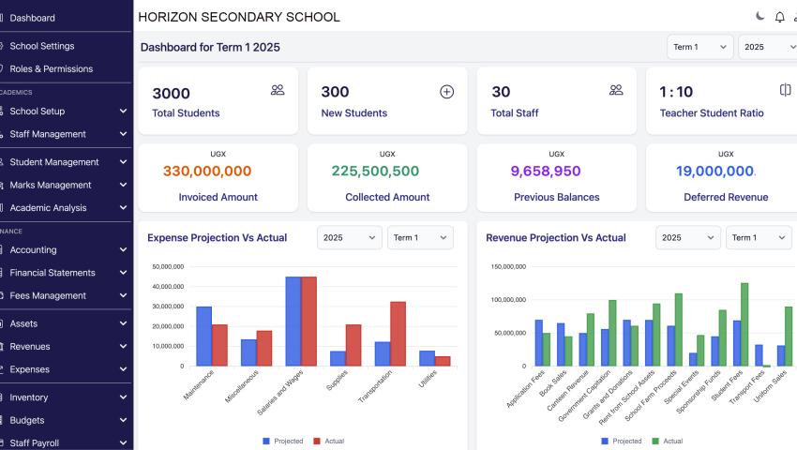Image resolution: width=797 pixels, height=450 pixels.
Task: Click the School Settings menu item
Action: coord(42,46)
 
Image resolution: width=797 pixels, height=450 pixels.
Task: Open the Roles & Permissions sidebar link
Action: coord(51,68)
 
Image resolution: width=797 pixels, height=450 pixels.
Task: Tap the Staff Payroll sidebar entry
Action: coord(42,442)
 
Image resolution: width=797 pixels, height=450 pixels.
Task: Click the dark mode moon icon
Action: coord(760,17)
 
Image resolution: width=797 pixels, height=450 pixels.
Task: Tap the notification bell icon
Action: coord(779,17)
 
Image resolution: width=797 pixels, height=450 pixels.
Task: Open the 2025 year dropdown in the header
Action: coord(766,47)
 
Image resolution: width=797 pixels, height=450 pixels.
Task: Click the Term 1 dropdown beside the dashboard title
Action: coord(699,47)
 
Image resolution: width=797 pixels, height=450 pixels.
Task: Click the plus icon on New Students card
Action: coord(446,91)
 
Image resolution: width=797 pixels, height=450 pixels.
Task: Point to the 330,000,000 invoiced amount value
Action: coord(207,171)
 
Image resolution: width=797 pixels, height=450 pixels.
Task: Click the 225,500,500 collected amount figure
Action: coord(375,171)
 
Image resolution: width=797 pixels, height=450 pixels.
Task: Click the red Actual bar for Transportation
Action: coord(398,334)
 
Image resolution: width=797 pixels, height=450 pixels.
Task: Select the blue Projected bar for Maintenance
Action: coord(203,336)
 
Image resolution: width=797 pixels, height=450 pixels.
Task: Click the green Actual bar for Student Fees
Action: coord(744,324)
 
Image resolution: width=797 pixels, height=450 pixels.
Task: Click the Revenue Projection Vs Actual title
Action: coord(555,238)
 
